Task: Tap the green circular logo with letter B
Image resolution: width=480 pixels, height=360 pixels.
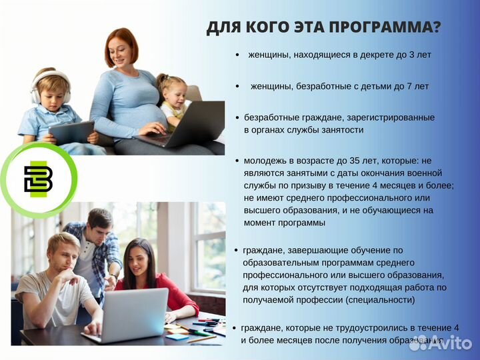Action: (x=39, y=179)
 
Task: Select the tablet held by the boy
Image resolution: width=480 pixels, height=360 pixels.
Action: (x=71, y=132)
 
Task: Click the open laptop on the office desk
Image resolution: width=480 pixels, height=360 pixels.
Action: (x=133, y=313)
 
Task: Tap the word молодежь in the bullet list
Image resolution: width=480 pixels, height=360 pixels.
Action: (x=264, y=161)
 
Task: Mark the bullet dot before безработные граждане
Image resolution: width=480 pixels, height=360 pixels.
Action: (x=237, y=117)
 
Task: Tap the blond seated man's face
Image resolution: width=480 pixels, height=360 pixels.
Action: (x=66, y=253)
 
